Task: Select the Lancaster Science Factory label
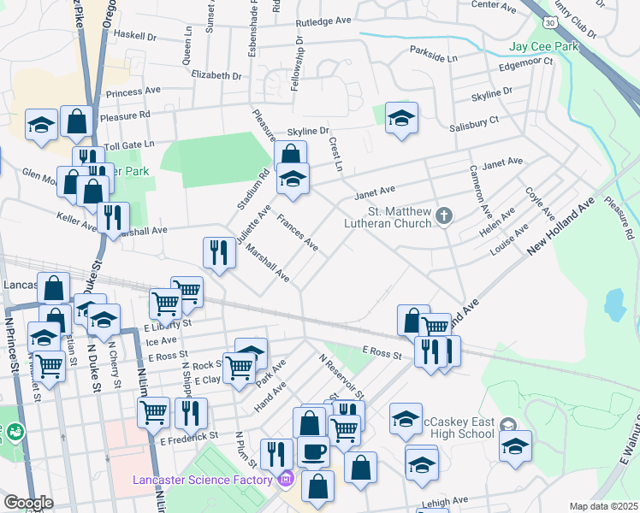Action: point(203,479)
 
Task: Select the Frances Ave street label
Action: point(298,233)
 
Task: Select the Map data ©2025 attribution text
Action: point(602,506)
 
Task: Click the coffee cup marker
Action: point(313,451)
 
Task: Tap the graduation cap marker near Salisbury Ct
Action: point(400,118)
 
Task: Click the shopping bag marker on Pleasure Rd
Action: point(76,122)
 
